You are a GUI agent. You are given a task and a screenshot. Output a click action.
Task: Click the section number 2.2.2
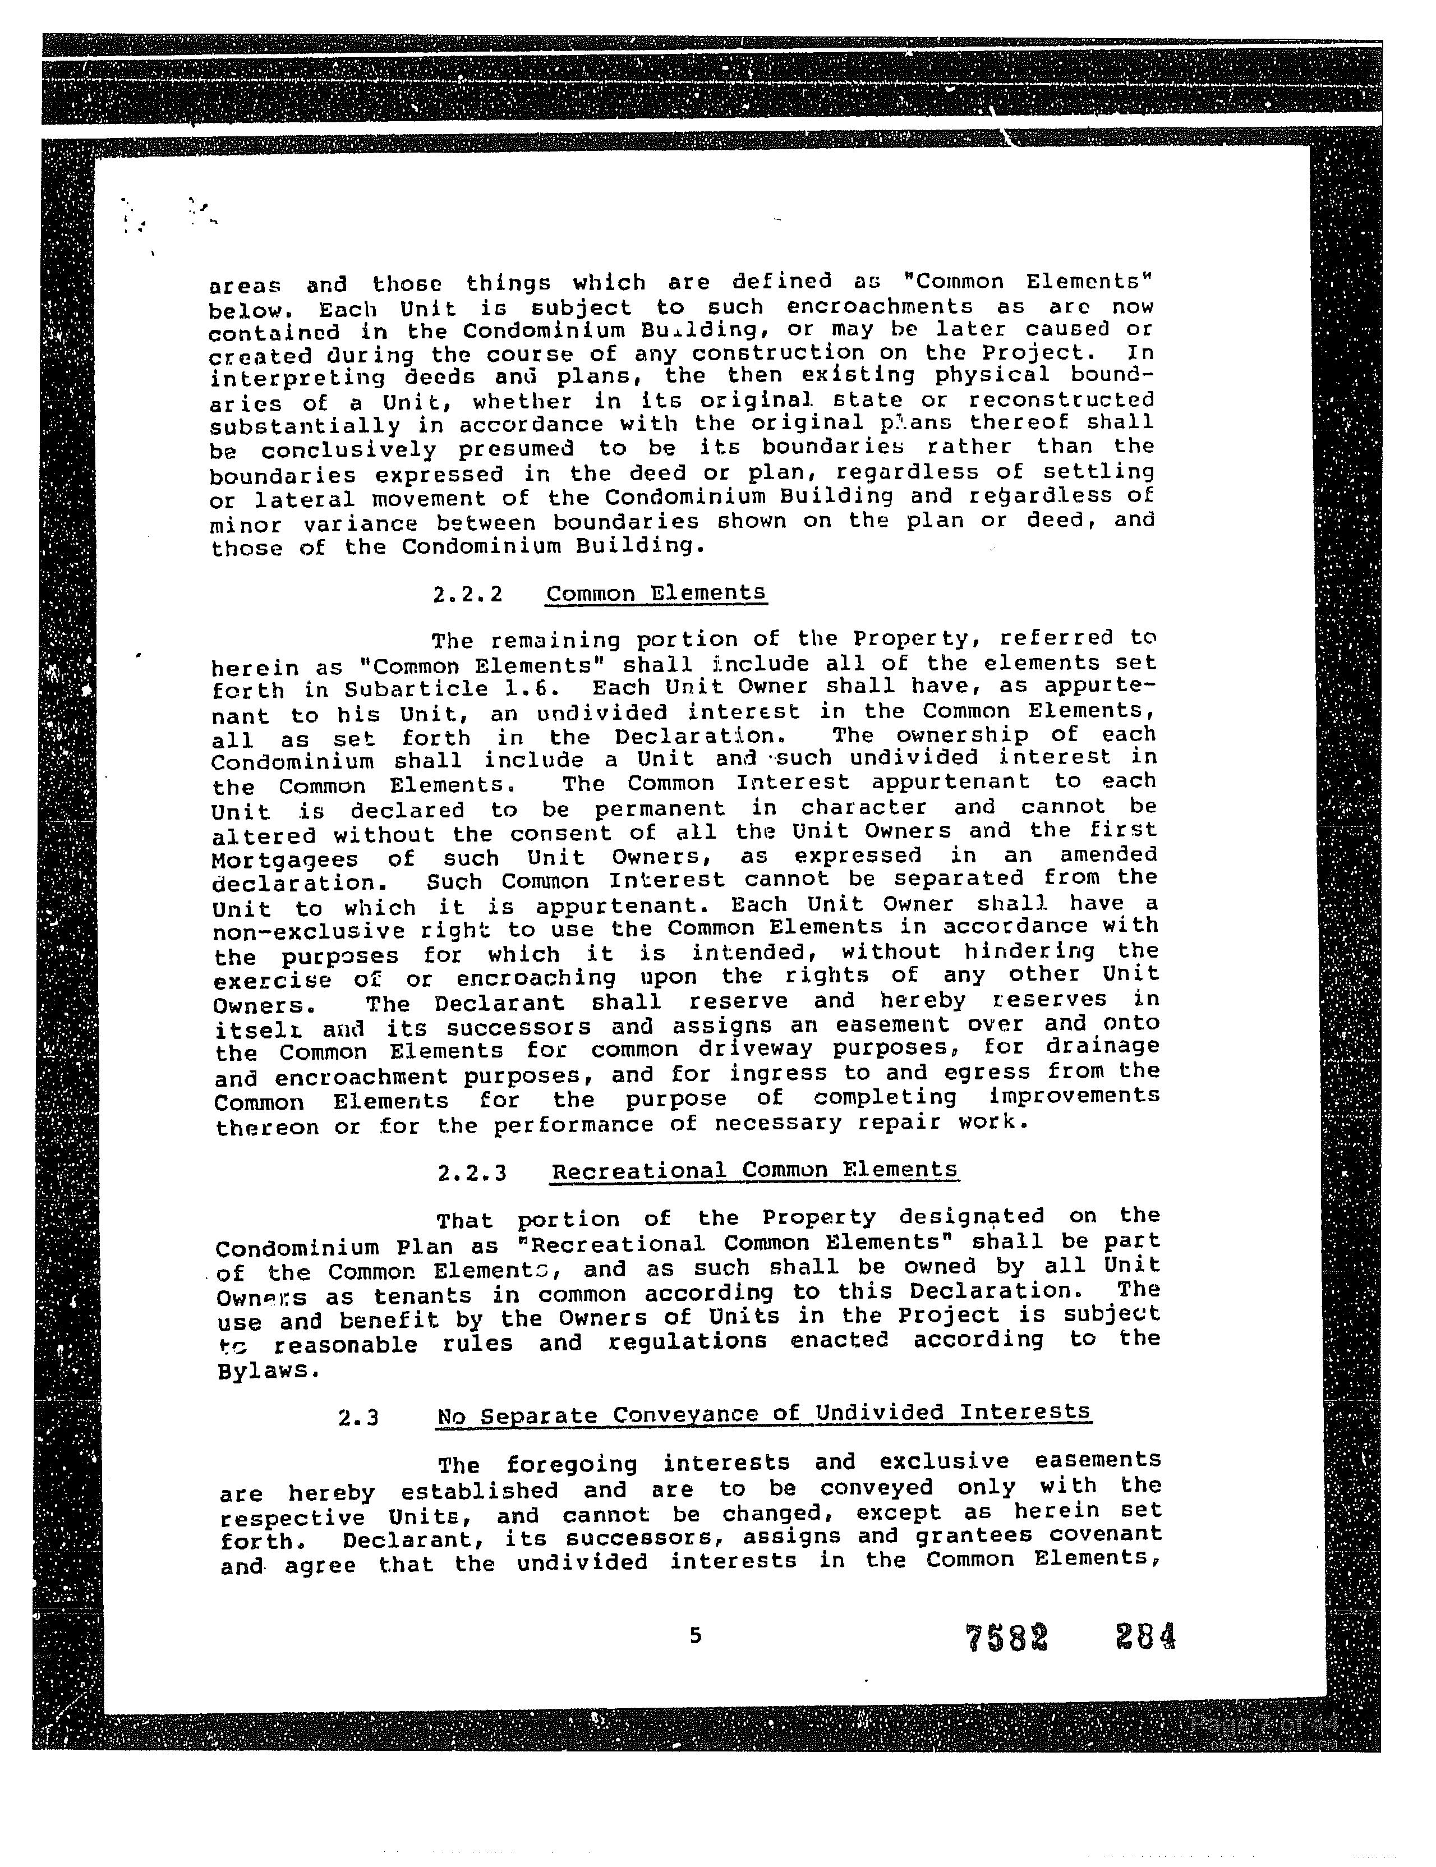(x=468, y=594)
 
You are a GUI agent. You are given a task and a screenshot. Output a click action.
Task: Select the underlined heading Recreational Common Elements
(x=754, y=1170)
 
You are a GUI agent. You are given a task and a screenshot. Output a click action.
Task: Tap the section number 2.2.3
(x=472, y=1172)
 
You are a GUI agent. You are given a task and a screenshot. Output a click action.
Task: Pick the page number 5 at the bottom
(x=695, y=1635)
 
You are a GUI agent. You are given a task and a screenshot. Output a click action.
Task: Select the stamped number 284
(x=1145, y=1636)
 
